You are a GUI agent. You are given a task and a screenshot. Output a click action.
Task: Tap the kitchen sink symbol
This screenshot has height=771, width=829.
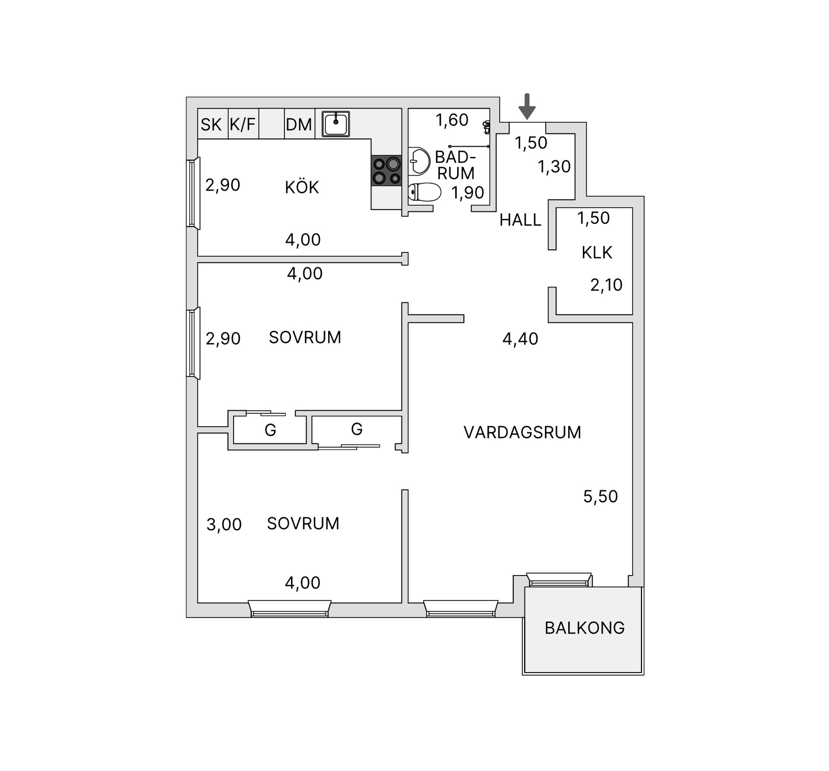coord(336,124)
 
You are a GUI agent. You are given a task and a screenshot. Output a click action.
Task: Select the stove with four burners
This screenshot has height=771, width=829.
coord(386,171)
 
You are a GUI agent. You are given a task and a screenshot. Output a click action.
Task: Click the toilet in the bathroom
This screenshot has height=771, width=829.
coord(424,192)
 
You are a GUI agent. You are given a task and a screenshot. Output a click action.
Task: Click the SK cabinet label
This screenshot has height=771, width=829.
coord(211,125)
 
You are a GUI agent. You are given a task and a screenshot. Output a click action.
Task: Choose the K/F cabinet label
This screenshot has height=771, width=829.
coord(243,125)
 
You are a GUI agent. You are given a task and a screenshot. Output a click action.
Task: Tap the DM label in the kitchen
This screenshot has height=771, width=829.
coord(299,125)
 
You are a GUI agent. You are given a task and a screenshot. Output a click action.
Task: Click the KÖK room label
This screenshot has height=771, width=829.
coord(302,188)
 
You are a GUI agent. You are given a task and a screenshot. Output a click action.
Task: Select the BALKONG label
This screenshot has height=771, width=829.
coord(585,628)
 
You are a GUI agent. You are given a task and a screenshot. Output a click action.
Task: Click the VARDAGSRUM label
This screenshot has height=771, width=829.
coord(522,432)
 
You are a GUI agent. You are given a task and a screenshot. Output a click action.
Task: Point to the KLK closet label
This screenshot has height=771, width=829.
coord(597,252)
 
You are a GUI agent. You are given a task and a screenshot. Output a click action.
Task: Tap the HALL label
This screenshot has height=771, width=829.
coord(520,220)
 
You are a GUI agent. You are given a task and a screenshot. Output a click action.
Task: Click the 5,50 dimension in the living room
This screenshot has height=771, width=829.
coord(600,497)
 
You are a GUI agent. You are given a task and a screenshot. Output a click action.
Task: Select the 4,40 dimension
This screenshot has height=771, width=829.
coord(520,339)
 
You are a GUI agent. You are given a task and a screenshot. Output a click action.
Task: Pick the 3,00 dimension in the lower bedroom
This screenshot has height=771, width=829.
coord(224,525)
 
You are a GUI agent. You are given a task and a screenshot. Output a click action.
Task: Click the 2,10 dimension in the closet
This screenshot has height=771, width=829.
coord(606,285)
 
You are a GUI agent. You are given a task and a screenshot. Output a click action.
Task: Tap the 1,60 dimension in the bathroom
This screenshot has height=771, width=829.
coord(452,120)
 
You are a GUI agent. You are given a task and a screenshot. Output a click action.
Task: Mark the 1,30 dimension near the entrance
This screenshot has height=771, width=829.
coord(554,167)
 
